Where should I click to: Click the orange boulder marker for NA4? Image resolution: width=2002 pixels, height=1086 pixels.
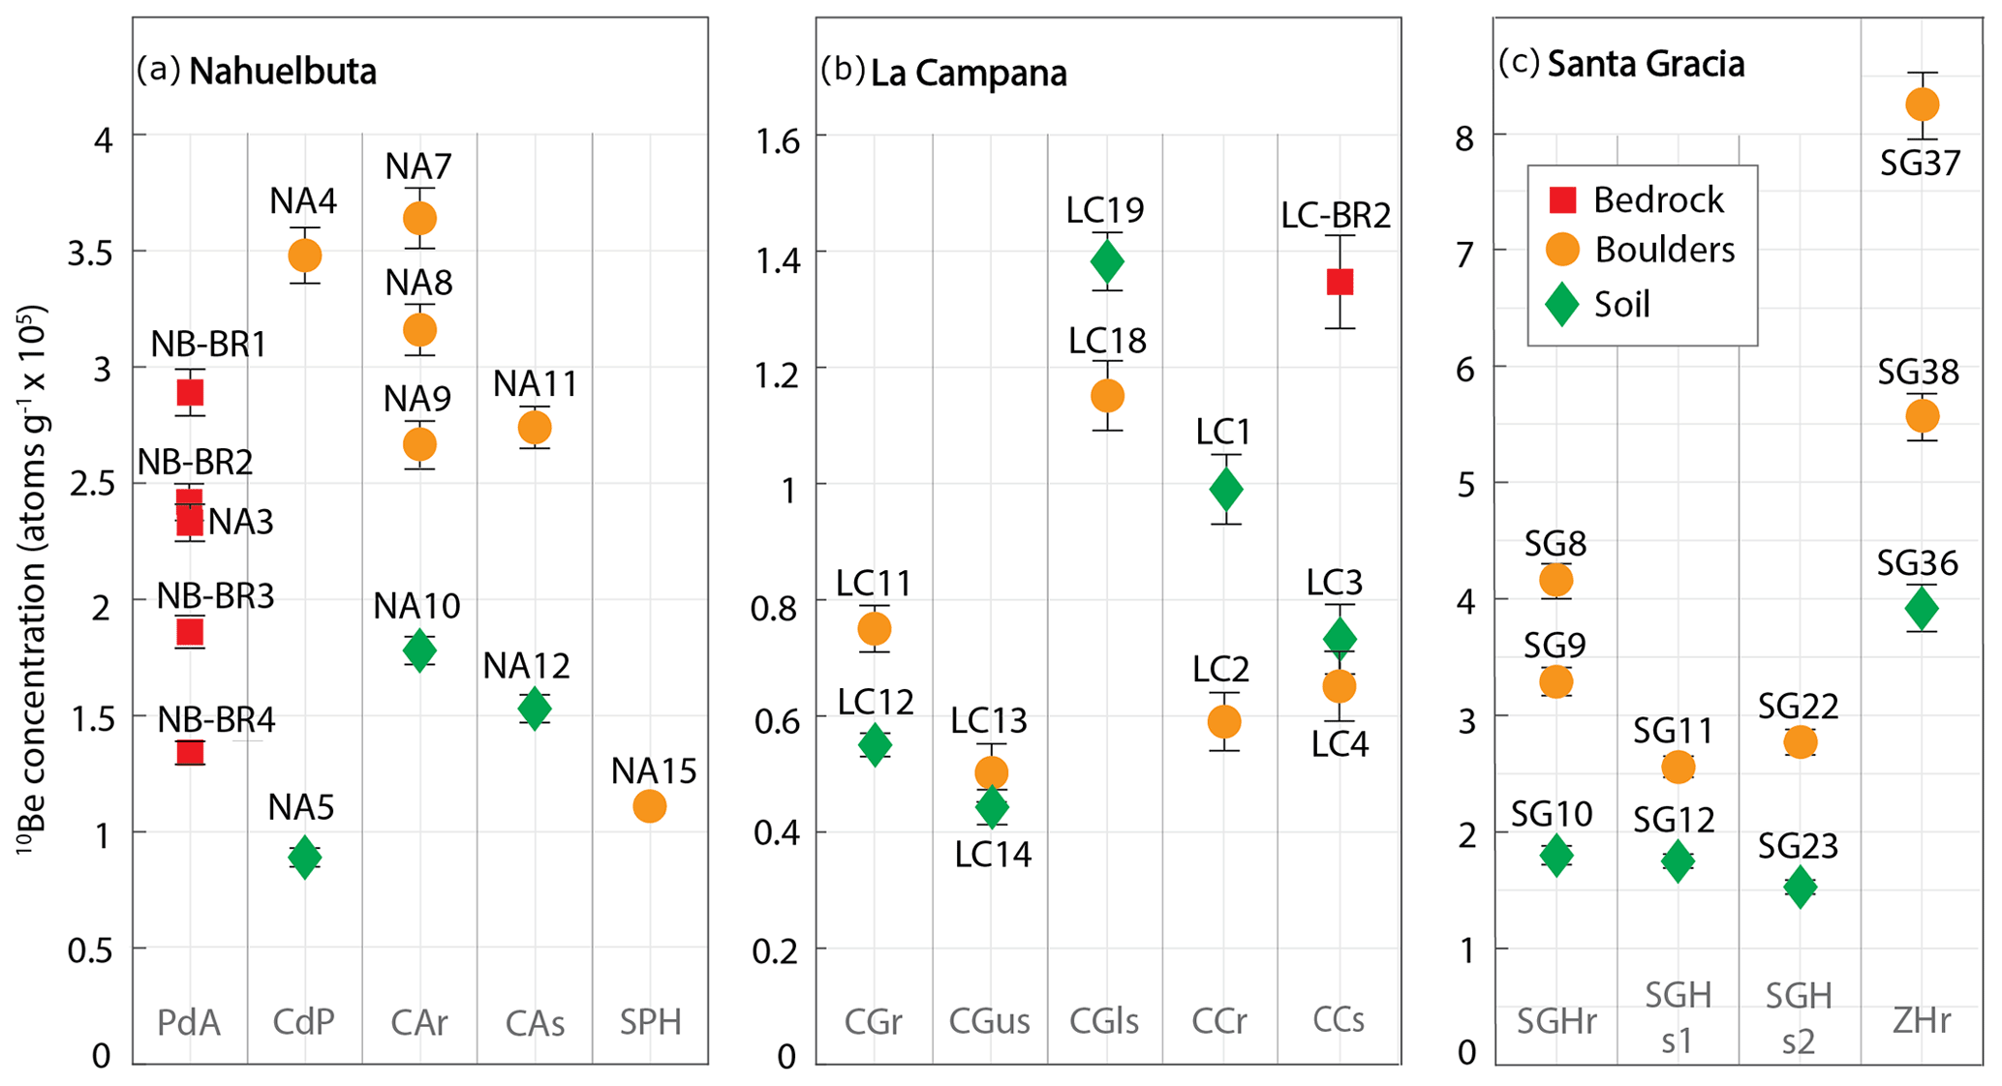click(305, 256)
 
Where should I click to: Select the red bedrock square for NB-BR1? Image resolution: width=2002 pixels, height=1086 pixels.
click(190, 392)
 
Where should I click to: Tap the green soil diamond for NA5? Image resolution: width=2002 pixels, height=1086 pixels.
click(305, 857)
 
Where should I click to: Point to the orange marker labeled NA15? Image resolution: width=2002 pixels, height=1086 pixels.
click(650, 805)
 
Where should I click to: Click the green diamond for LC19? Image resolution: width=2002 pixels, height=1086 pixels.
click(1107, 261)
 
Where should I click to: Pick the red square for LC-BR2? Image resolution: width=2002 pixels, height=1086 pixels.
click(1340, 282)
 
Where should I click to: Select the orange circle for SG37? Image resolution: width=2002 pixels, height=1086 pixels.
click(1922, 105)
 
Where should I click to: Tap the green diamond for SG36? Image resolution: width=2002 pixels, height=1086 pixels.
click(1922, 609)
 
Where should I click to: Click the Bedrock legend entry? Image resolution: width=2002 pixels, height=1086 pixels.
click(1637, 199)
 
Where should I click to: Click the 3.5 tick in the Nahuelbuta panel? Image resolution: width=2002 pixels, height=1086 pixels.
click(90, 253)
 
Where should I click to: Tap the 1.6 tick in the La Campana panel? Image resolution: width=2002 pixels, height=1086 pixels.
click(778, 141)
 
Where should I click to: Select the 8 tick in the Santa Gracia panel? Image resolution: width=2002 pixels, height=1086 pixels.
click(1463, 137)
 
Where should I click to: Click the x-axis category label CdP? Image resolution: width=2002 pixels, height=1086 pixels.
click(303, 1022)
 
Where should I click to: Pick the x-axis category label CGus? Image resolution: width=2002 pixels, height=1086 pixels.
click(989, 1021)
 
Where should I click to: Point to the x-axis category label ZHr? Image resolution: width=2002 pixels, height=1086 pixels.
click(1922, 1021)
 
